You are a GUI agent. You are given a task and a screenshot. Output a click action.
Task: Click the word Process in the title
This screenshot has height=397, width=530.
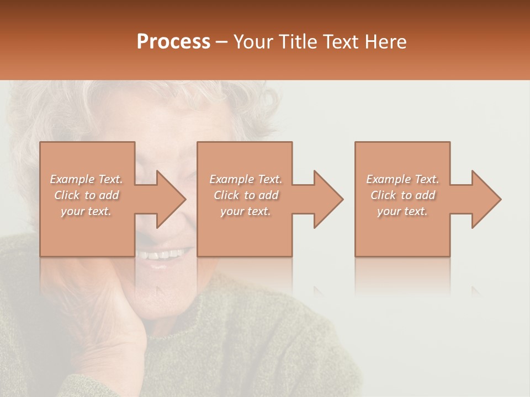point(173,42)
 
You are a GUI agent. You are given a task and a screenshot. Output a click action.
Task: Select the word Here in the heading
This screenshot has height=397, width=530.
point(386,42)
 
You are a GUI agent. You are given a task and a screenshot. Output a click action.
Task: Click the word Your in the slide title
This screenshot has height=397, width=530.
point(253,42)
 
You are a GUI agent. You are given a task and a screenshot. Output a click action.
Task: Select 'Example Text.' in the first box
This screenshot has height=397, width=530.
point(87,179)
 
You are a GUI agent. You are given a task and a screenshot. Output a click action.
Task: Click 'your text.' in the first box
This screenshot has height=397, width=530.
point(87,211)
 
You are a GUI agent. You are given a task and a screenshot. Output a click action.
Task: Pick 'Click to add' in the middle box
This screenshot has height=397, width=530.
point(246,195)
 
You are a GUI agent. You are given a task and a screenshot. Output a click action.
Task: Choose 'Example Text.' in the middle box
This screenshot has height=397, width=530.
point(246,179)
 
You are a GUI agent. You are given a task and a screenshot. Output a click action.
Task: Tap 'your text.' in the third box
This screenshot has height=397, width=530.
point(402,211)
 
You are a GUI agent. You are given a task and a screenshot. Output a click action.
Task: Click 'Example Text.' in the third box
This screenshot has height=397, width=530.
point(402,179)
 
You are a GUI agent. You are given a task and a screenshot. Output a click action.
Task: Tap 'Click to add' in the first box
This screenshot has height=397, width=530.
point(87,195)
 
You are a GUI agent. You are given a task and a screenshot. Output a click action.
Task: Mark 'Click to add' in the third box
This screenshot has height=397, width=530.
point(402,195)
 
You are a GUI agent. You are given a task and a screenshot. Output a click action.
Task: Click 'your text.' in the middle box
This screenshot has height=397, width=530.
point(246,211)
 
